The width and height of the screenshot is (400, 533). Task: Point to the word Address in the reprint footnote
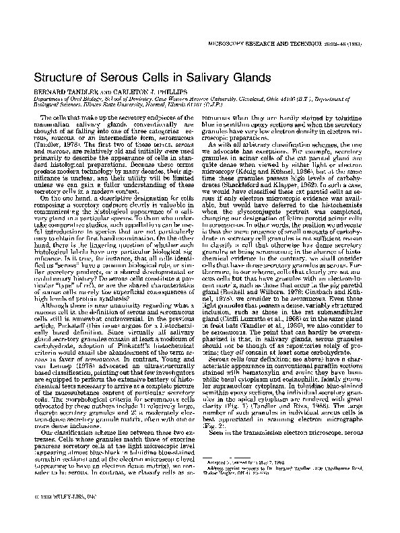pyautogui.click(x=220, y=470)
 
